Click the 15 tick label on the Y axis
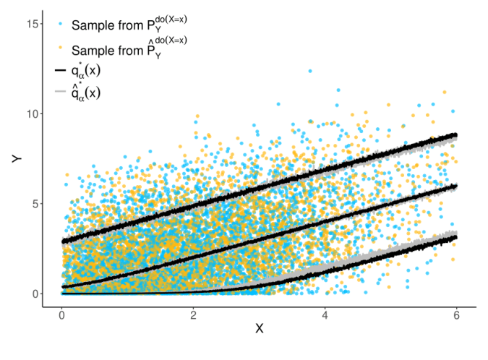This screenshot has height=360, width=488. click(33, 24)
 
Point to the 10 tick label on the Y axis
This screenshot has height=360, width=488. click(33, 113)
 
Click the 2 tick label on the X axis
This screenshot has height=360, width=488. click(194, 316)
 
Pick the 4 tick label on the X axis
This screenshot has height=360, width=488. click(325, 316)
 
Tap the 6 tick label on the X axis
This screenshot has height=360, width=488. click(457, 316)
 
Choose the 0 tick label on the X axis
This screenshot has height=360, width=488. click(62, 316)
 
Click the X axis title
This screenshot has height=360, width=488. click(260, 329)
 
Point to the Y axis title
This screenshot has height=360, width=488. click(17, 158)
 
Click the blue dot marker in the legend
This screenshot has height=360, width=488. click(61, 25)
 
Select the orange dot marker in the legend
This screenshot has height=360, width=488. click(61, 48)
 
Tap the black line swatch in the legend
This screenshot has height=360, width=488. click(61, 70)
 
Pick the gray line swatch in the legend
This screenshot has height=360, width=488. click(61, 92)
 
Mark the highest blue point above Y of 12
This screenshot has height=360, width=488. click(310, 71)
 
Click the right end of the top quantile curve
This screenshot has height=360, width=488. click(456, 135)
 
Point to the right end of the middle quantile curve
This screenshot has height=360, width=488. click(456, 186)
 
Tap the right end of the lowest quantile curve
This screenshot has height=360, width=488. click(456, 237)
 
